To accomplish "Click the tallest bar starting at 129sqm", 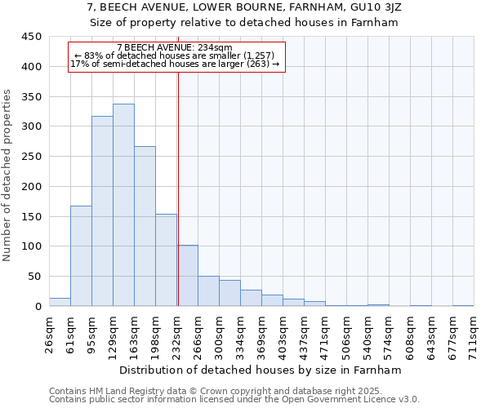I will coord(123,205).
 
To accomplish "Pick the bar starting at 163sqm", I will coord(145,226).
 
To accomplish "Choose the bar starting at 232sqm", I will coord(188,275).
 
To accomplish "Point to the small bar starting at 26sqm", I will coord(60,302).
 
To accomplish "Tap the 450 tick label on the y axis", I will coord(31,37).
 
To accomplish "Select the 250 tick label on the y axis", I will coord(31,157).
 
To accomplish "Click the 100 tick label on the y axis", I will coord(31,246).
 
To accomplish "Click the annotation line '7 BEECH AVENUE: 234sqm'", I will coord(175,48).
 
